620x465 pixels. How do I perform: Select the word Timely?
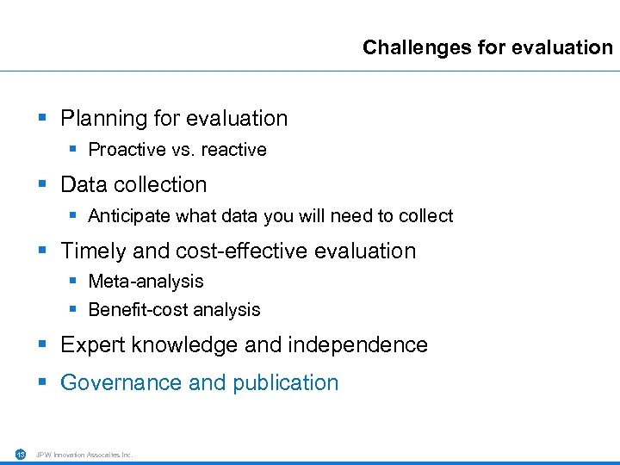[x=90, y=251]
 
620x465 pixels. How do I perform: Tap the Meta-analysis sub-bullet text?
[x=146, y=282]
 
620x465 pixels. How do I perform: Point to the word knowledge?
[x=183, y=344]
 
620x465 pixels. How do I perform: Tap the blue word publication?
[x=284, y=382]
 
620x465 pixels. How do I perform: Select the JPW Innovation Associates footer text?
[x=84, y=455]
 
